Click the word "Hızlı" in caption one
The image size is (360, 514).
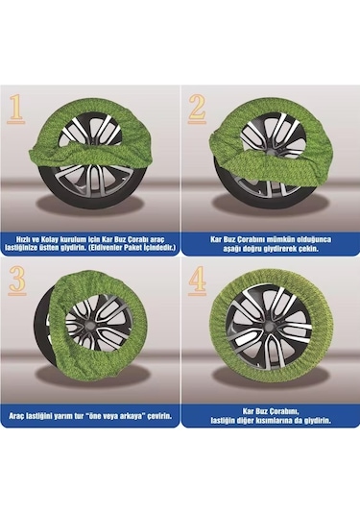click(x=23, y=239)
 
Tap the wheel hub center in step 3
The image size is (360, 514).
click(x=89, y=327)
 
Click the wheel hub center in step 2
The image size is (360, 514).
click(x=271, y=152)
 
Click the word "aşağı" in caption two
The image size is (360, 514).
click(x=232, y=248)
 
